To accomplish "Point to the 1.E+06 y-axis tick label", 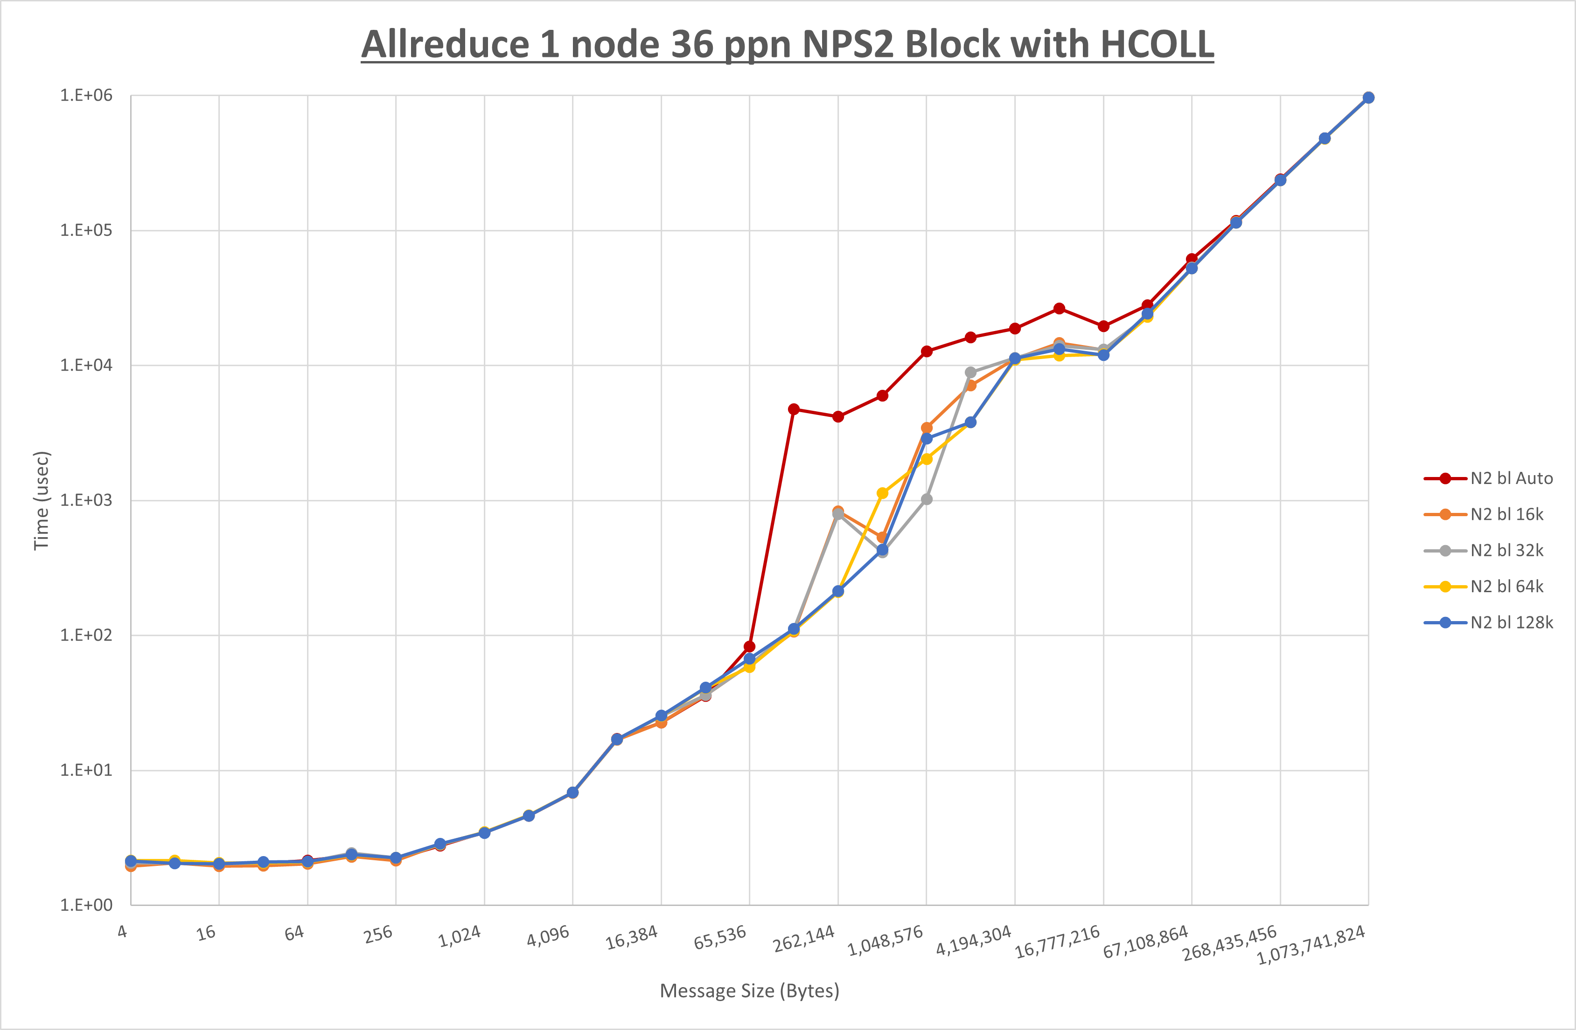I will pyautogui.click(x=86, y=95).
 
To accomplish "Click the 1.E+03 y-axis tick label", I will pyautogui.click(x=86, y=500).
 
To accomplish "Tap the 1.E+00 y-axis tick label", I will pyautogui.click(x=86, y=905).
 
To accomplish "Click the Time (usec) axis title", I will pyautogui.click(x=41, y=500).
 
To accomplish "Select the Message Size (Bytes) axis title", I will pyautogui.click(x=750, y=991).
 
